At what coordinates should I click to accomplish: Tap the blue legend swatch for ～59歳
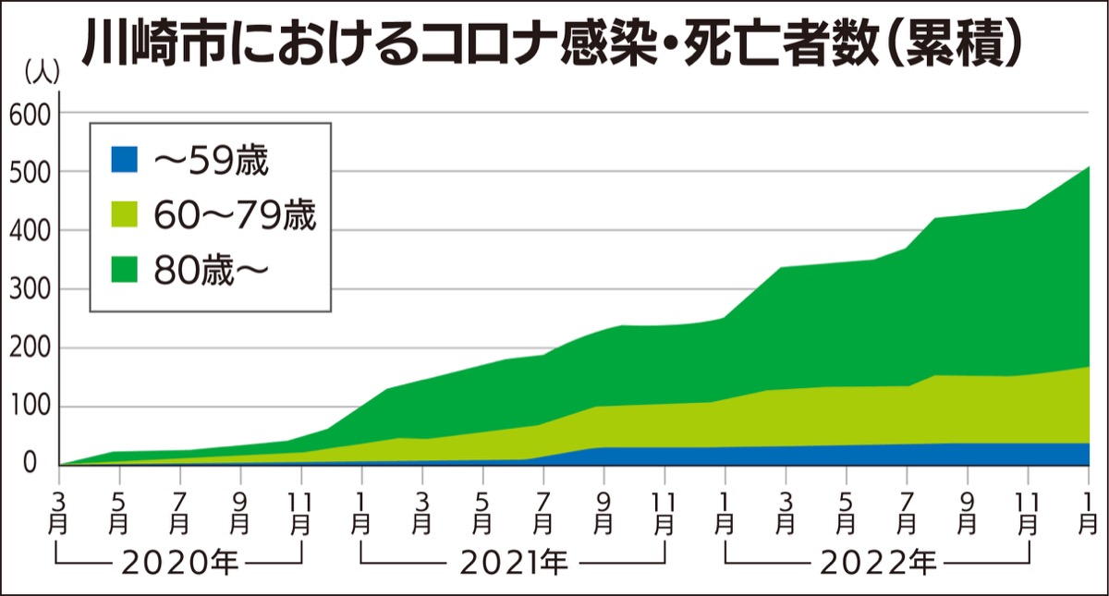(x=123, y=160)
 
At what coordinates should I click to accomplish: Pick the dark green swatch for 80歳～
(x=123, y=269)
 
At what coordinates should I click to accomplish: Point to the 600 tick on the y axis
(x=33, y=114)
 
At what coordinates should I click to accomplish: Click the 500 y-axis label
(x=33, y=172)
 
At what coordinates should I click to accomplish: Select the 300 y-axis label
(x=33, y=289)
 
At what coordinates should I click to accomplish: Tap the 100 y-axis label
(x=33, y=407)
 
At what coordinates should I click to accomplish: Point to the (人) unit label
(x=41, y=70)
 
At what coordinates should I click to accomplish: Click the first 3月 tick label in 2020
(x=60, y=512)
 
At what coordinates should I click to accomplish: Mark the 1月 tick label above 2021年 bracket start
(x=361, y=512)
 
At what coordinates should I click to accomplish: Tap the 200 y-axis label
(x=33, y=348)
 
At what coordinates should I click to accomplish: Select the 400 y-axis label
(x=33, y=230)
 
